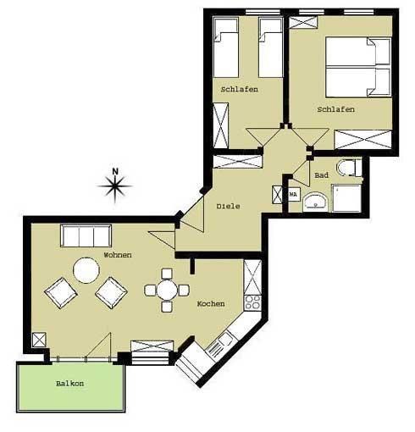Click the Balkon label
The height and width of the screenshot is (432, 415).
click(69, 384)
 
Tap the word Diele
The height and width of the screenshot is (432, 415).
click(228, 207)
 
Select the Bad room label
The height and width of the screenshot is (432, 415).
click(321, 175)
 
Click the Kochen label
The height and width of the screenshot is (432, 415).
click(211, 304)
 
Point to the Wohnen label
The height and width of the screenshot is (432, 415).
click(118, 255)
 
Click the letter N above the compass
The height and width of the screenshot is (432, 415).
click(115, 171)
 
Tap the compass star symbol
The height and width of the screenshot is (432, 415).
click(114, 186)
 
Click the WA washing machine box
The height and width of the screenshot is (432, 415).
click(294, 195)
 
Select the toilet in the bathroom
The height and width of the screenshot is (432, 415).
click(349, 168)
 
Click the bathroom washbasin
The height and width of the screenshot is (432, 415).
click(315, 202)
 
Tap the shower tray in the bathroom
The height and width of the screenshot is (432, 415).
click(346, 198)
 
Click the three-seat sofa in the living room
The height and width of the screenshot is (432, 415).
click(86, 236)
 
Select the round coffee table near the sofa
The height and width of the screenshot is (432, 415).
click(86, 270)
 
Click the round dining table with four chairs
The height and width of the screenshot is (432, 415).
click(167, 290)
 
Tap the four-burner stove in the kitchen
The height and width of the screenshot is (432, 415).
click(252, 302)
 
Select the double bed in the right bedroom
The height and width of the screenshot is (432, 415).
click(358, 67)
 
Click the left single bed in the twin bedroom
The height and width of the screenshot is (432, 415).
click(226, 47)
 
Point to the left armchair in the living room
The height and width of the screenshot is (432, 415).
click(61, 293)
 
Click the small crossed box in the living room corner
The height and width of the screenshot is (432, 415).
click(39, 340)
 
